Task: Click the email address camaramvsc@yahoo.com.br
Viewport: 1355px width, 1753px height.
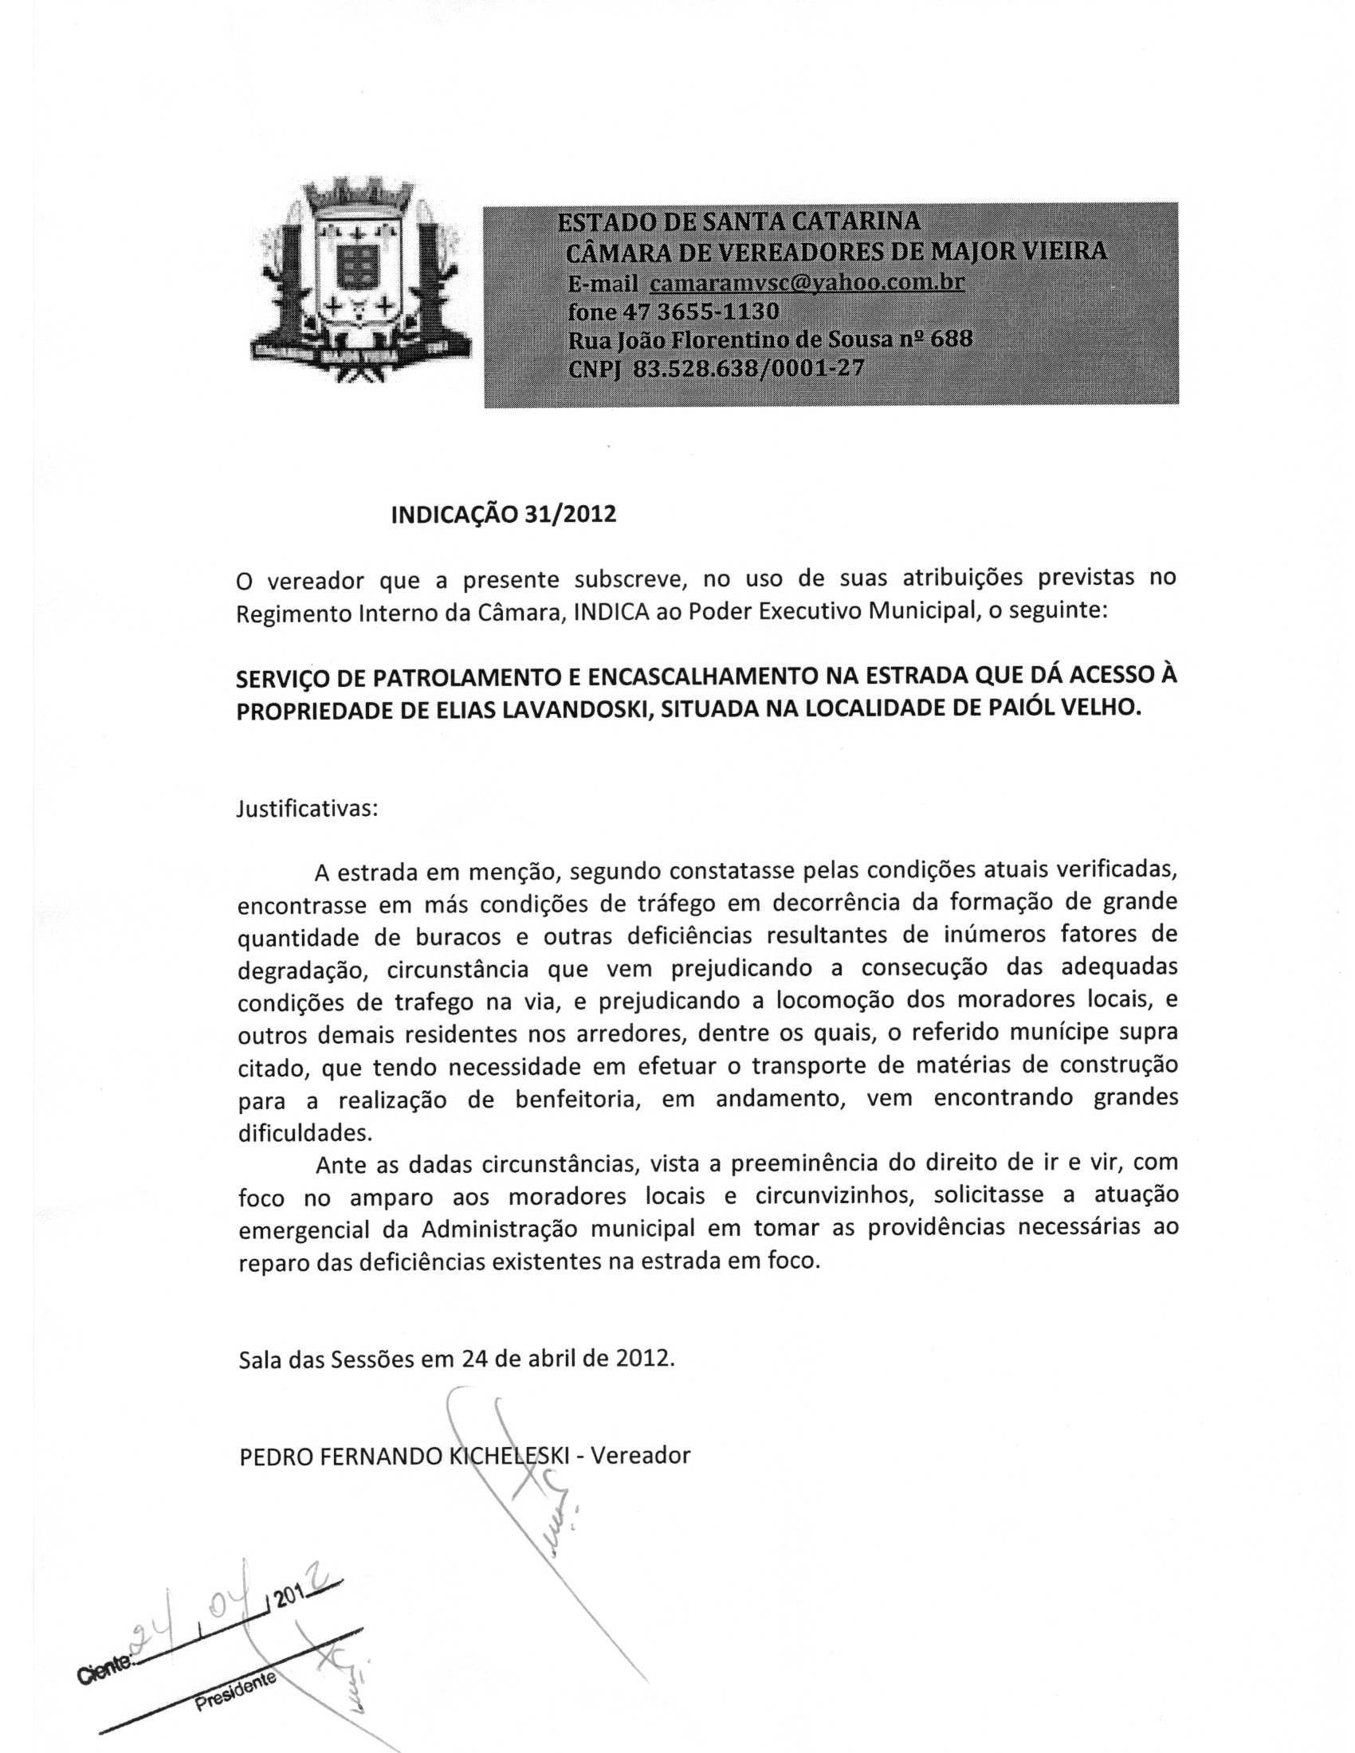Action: coord(806,283)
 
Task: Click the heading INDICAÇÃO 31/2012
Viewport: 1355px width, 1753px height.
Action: coord(503,515)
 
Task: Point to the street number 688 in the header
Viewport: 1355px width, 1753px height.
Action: coord(951,339)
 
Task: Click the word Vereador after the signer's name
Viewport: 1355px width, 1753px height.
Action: coord(640,1454)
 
